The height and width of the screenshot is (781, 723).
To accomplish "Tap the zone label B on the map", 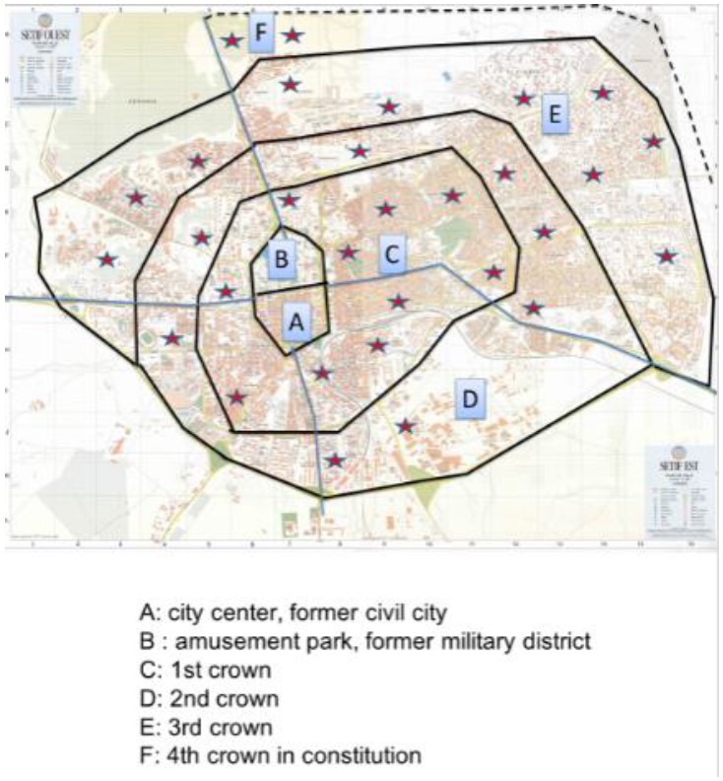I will pos(281,259).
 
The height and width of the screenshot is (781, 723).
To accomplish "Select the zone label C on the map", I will pos(391,254).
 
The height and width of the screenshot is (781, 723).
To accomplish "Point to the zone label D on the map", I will pos(470,399).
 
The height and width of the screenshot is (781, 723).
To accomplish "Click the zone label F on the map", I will pos(261,32).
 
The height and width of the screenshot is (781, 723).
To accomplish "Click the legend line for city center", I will pos(294,612).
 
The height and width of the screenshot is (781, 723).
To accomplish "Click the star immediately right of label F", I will pos(293,35).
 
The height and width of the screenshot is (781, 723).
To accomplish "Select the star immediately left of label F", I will pos(231,41).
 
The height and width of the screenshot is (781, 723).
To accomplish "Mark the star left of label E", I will pos(524,98).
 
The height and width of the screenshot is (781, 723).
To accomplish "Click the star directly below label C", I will pos(398,302).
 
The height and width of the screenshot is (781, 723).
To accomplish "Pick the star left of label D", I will pos(406,426).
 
